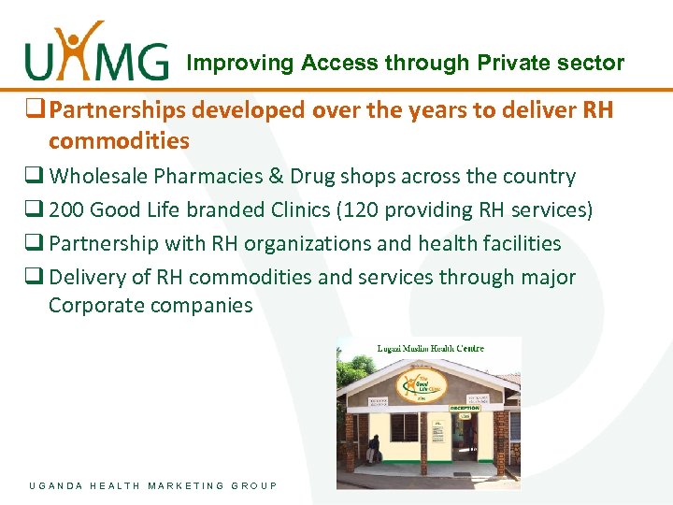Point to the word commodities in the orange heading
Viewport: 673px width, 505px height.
coord(119,141)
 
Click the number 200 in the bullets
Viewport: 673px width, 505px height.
coord(66,210)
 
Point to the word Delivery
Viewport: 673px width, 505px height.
coord(84,278)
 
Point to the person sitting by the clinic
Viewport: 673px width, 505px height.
coord(373,449)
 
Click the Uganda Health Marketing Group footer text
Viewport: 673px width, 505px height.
coord(153,485)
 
